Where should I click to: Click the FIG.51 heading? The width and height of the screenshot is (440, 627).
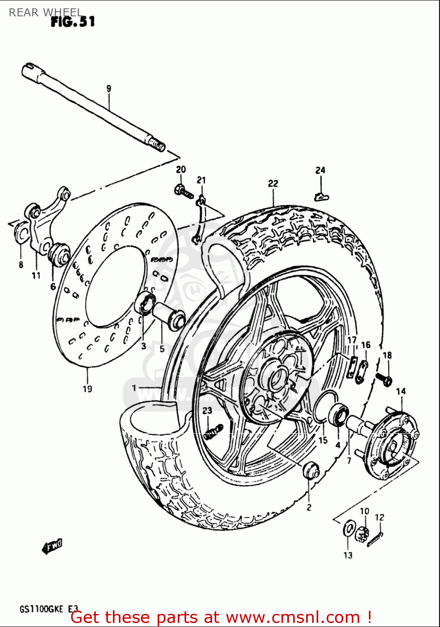[x=73, y=21]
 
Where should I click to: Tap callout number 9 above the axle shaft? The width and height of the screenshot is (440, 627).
[x=109, y=89]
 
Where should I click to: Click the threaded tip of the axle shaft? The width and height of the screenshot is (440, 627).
[x=158, y=145]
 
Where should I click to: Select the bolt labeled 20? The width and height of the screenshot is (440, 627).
[x=183, y=191]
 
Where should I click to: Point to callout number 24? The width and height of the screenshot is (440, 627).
[x=320, y=170]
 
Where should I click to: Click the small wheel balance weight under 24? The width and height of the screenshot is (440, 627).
[x=321, y=196]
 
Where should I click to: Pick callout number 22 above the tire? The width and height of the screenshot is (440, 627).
[x=273, y=184]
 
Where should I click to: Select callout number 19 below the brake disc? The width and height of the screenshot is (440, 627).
[x=87, y=389]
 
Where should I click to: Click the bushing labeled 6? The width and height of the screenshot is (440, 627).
[x=58, y=253]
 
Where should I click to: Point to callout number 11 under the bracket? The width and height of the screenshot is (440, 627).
[x=36, y=275]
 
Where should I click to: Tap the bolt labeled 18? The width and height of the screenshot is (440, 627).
[x=384, y=379]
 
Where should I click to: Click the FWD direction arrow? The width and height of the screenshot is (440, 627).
[x=52, y=546]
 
